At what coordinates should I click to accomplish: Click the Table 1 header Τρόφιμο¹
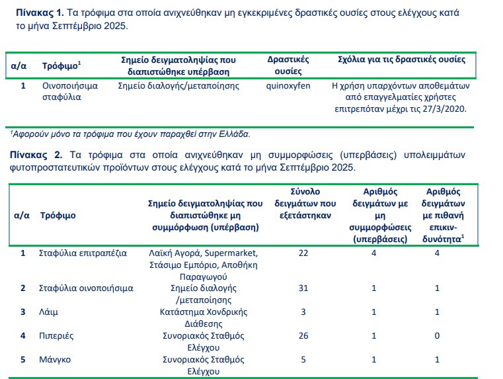[61, 66]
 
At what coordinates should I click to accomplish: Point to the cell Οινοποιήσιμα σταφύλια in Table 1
[70, 91]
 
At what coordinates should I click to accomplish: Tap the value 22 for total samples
[303, 253]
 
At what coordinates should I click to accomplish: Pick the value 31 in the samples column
[303, 288]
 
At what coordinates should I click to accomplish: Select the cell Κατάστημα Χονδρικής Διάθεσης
[204, 317]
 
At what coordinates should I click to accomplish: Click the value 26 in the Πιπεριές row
[303, 336]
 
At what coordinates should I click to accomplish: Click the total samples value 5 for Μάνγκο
[303, 360]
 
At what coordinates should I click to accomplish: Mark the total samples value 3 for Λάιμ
[303, 312]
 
